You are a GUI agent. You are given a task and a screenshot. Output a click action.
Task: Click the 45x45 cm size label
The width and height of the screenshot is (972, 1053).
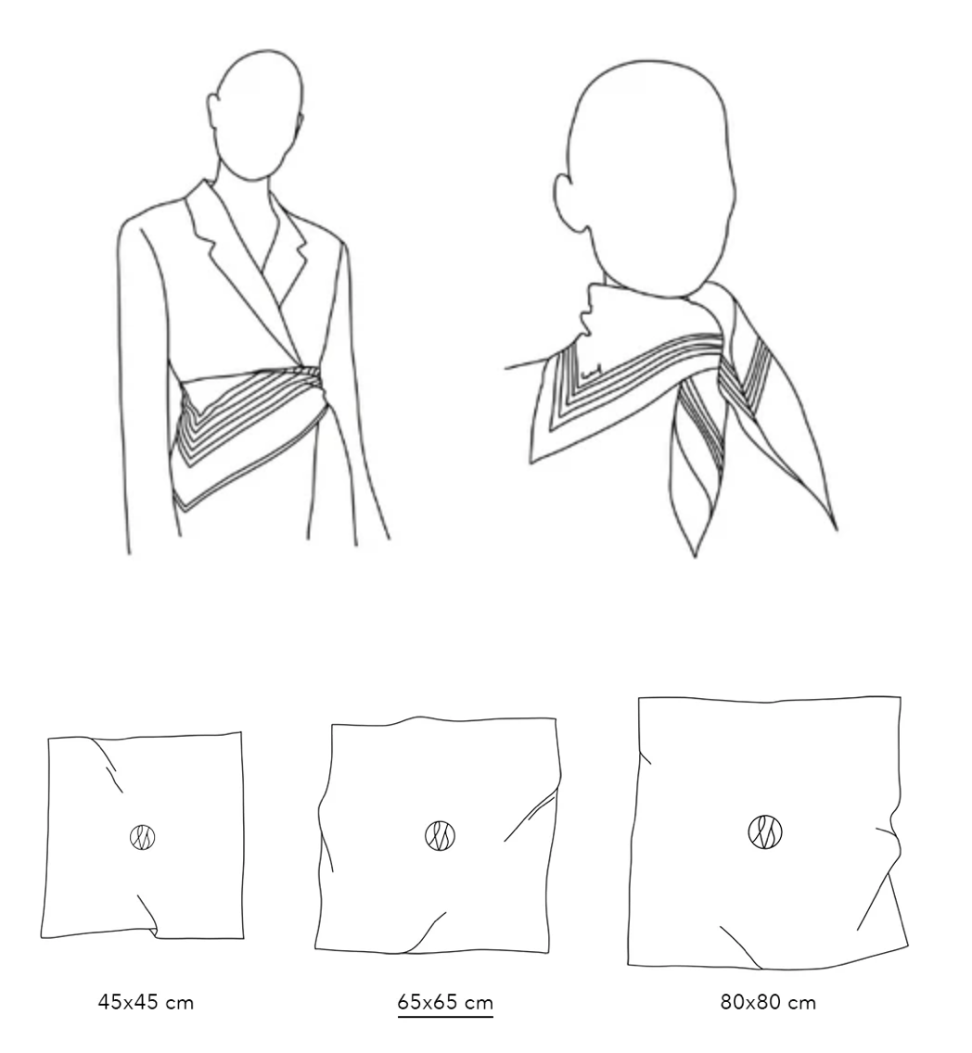click(x=146, y=1003)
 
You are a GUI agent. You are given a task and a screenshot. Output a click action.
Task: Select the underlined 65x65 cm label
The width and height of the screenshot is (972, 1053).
click(x=444, y=1003)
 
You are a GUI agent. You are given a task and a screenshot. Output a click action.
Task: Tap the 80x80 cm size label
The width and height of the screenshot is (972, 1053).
click(x=768, y=1003)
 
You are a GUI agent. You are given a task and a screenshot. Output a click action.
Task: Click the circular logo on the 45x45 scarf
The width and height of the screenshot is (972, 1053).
click(x=143, y=837)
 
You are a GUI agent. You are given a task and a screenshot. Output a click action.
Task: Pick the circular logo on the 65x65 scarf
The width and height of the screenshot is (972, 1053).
click(x=440, y=836)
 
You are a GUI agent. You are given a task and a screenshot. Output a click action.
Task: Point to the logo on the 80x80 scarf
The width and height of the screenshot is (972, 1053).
click(x=765, y=832)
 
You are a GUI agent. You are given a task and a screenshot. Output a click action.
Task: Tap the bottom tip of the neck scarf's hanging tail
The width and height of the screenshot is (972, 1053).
click(x=695, y=554)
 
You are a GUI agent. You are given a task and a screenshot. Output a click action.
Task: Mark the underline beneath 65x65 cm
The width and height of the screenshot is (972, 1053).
click(x=444, y=1017)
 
